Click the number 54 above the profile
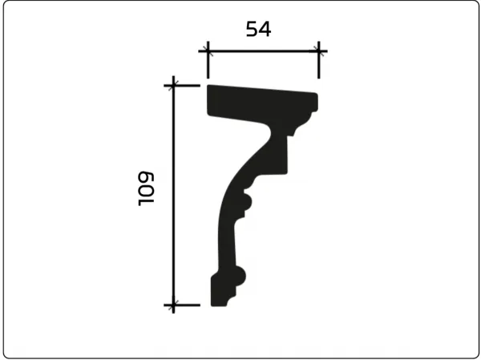[x=258, y=29]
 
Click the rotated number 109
[x=146, y=188]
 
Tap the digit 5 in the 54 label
[x=252, y=29]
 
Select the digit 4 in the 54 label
[x=265, y=29]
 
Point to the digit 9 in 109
[x=146, y=178]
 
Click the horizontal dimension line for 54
[x=263, y=51]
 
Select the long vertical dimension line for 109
[x=173, y=195]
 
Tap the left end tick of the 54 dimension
[x=208, y=60]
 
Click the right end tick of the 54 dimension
[x=319, y=60]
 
